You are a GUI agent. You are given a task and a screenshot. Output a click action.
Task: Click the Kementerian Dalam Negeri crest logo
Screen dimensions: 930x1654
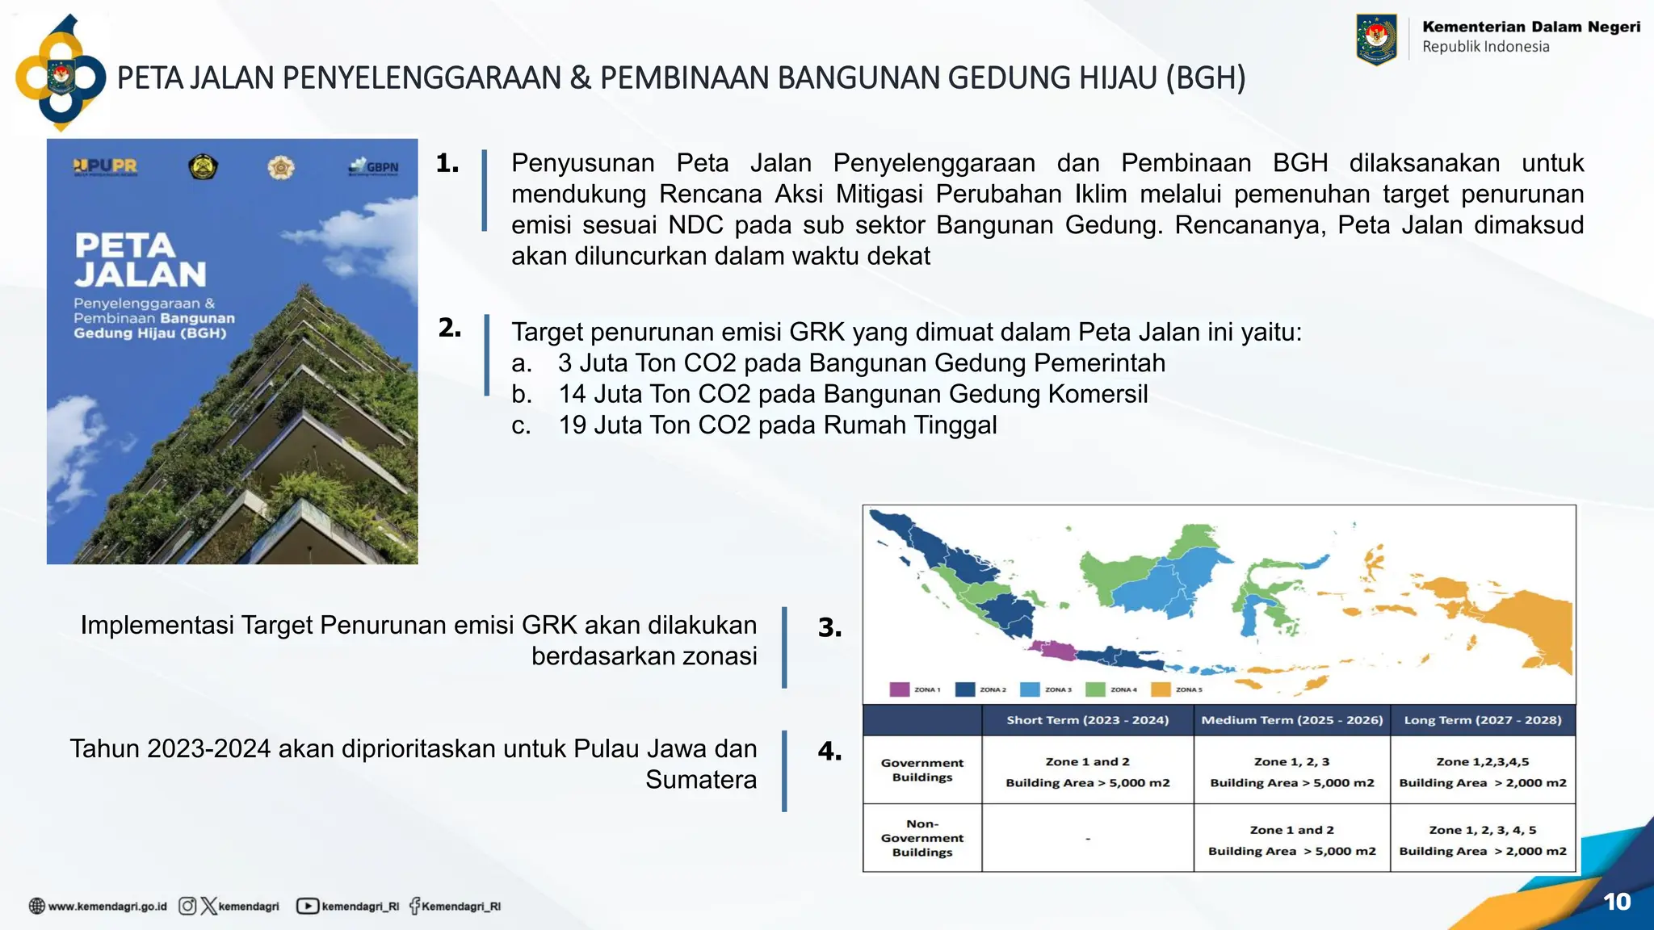(x=1376, y=39)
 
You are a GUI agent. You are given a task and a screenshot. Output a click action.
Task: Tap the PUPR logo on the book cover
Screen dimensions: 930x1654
(x=105, y=166)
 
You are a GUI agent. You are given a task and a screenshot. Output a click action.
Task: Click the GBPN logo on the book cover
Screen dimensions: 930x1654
(x=374, y=167)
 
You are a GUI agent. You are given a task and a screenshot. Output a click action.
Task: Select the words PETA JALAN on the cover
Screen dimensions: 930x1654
(x=141, y=260)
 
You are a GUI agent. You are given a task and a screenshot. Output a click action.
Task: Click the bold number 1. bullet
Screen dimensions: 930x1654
(x=447, y=163)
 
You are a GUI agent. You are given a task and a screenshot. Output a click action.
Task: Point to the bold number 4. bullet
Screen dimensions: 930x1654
(x=829, y=752)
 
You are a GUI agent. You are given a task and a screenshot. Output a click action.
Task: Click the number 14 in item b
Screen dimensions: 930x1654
(x=572, y=394)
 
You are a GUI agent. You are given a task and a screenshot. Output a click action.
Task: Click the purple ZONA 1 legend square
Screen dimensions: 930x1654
(x=899, y=689)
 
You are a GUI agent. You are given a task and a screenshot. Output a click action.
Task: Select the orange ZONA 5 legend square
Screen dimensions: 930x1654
(x=1161, y=689)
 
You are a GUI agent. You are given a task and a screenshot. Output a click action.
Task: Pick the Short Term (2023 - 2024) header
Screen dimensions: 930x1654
(x=1087, y=720)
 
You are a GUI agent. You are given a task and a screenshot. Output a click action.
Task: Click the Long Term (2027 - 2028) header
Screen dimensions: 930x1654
(x=1482, y=720)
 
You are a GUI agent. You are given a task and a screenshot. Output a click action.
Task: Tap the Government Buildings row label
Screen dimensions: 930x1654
(x=921, y=769)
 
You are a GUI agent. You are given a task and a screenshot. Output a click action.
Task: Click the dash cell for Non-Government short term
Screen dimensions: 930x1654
(x=1087, y=839)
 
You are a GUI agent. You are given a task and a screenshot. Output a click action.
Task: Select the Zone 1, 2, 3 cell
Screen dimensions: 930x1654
(x=1291, y=762)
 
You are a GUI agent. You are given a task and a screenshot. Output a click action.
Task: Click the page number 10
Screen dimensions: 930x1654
(x=1616, y=902)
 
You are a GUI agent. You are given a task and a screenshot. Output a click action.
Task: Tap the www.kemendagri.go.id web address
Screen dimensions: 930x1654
(x=107, y=907)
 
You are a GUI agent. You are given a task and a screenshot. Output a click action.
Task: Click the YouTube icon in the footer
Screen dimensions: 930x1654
(x=307, y=906)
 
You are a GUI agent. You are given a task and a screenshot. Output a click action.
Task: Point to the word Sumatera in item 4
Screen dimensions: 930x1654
(x=700, y=780)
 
